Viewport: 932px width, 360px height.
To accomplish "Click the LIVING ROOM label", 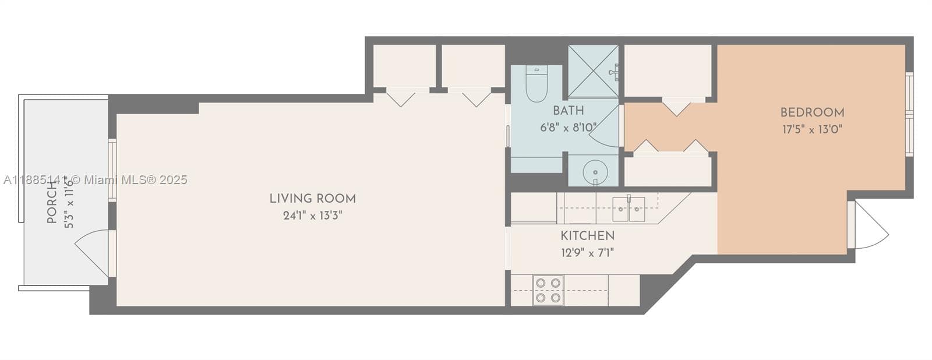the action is pos(312,199).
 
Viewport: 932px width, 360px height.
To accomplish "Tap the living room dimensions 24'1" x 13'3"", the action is pos(312,216).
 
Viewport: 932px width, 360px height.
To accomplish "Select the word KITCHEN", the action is pos(588,236).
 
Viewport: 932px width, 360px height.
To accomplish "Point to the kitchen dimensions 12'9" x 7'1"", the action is pos(588,253).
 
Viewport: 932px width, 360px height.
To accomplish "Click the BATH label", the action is pos(569,111).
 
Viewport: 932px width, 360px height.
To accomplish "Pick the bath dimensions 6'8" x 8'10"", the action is pos(569,128).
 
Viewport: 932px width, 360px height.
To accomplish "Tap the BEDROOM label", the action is pos(812,112).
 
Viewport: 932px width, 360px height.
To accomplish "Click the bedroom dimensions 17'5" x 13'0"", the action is pos(812,129).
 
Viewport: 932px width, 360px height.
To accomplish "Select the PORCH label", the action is pos(52,203).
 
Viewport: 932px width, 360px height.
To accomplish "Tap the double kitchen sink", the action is pos(629,209).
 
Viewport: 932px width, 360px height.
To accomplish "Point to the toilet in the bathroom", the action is pos(536,84).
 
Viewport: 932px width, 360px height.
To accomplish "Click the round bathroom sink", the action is pos(595,172).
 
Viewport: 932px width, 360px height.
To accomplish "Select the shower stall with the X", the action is pos(594,71).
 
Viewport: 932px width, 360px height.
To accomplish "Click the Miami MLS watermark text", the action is pos(96,180).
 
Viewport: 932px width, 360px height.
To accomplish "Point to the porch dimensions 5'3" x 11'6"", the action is pos(69,204).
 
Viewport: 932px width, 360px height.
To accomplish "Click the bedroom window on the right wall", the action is pos(909,114).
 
